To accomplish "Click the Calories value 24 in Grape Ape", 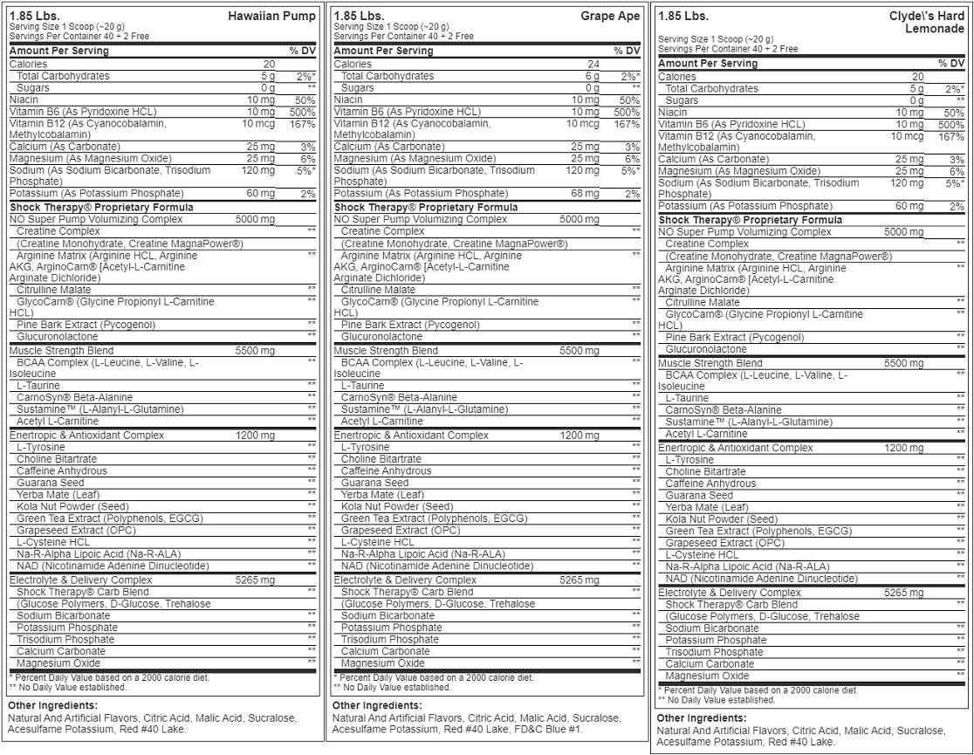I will [593, 64].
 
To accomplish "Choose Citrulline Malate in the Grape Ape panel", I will [378, 289].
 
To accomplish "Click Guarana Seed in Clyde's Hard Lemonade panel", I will [699, 495].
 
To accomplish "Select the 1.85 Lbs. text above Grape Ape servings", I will [359, 16].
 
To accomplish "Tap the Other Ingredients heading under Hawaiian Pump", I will [52, 705].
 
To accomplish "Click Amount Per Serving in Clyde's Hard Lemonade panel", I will [708, 64].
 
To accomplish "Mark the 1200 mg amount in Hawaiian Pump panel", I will [255, 435].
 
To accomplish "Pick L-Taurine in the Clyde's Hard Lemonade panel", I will [687, 398].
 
